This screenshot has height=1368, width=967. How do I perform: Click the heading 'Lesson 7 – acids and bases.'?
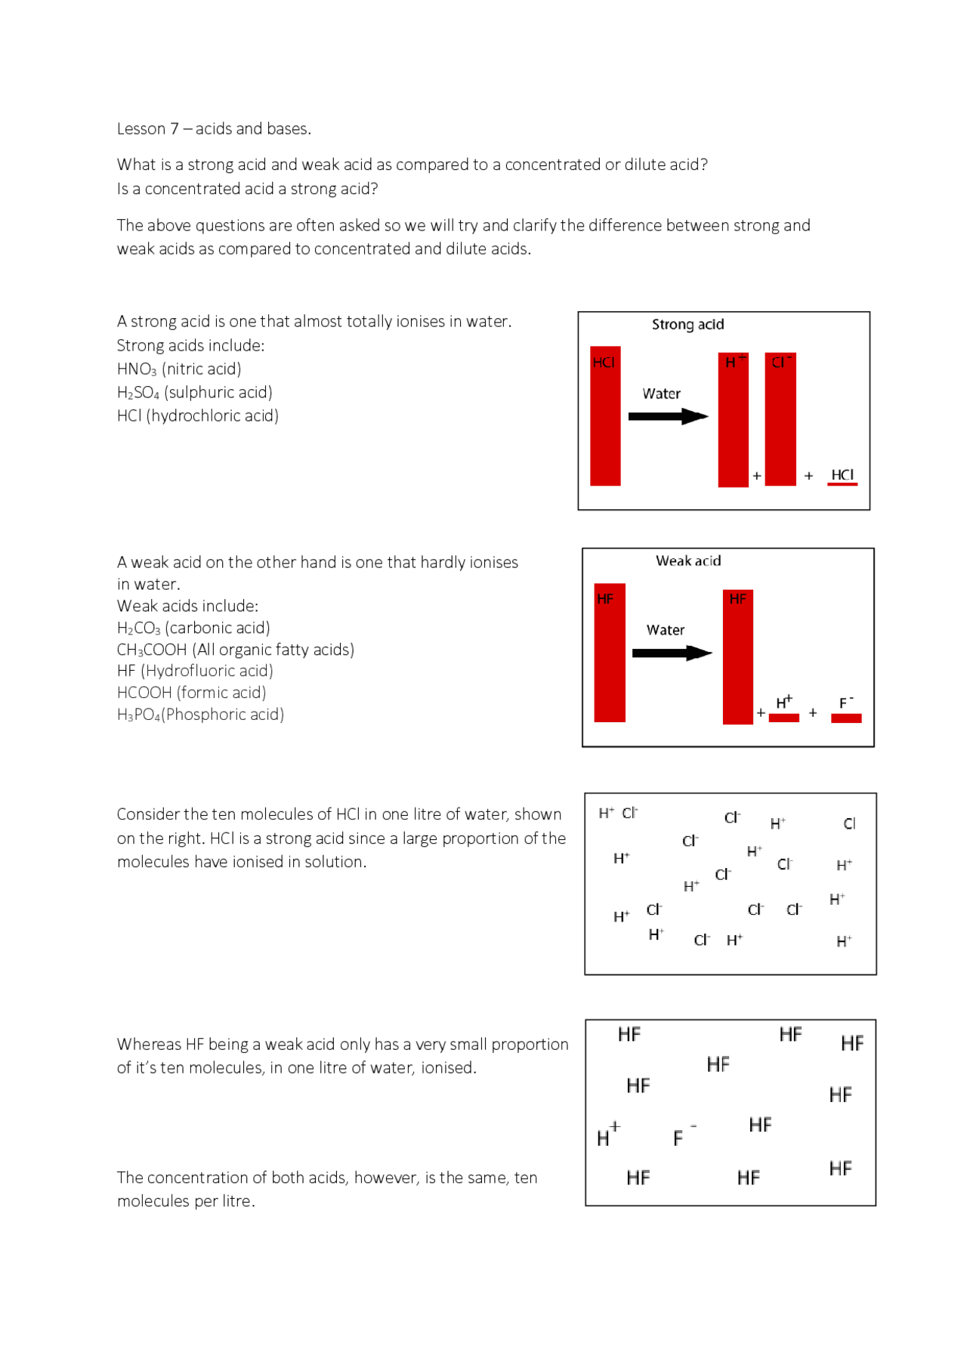(x=214, y=129)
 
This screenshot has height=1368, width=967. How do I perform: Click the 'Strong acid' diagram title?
(x=687, y=325)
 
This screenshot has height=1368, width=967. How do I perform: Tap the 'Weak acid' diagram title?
(x=688, y=561)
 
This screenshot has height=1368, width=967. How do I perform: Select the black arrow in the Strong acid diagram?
(x=668, y=416)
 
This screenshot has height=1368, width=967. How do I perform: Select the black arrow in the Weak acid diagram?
(x=672, y=653)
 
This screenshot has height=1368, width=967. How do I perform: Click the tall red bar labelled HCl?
(x=605, y=423)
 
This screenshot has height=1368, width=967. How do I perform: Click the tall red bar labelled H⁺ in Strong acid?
(x=733, y=423)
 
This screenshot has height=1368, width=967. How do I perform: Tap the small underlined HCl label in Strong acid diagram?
(x=842, y=475)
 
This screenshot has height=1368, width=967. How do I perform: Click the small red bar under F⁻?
(x=846, y=718)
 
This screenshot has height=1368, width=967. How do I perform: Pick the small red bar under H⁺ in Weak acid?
(x=784, y=718)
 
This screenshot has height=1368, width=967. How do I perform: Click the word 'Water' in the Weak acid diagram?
(x=666, y=630)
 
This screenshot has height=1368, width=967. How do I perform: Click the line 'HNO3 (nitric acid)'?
(x=179, y=369)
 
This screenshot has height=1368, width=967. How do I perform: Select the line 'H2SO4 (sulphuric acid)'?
(x=194, y=393)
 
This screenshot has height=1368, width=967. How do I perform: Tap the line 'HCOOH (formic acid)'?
(x=191, y=693)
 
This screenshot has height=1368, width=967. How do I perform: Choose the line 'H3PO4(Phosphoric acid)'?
(x=200, y=715)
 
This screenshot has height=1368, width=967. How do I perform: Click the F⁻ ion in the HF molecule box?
(x=681, y=1137)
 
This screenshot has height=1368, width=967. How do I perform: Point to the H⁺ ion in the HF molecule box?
(x=607, y=1135)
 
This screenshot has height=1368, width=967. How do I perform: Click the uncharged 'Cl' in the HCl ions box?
(x=849, y=824)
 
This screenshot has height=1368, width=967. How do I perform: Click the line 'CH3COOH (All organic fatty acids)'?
(x=235, y=650)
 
